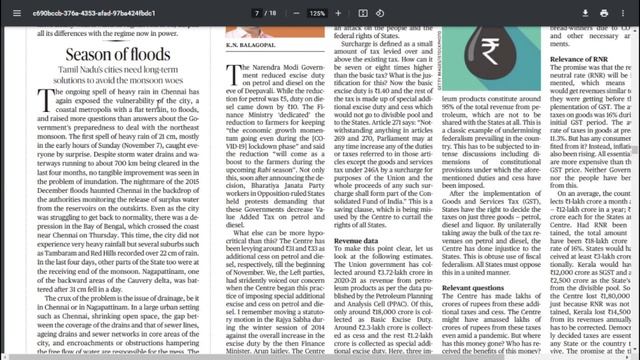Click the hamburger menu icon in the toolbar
click(x=12, y=13)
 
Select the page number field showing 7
click(x=259, y=13)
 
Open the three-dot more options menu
click(x=627, y=13)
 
